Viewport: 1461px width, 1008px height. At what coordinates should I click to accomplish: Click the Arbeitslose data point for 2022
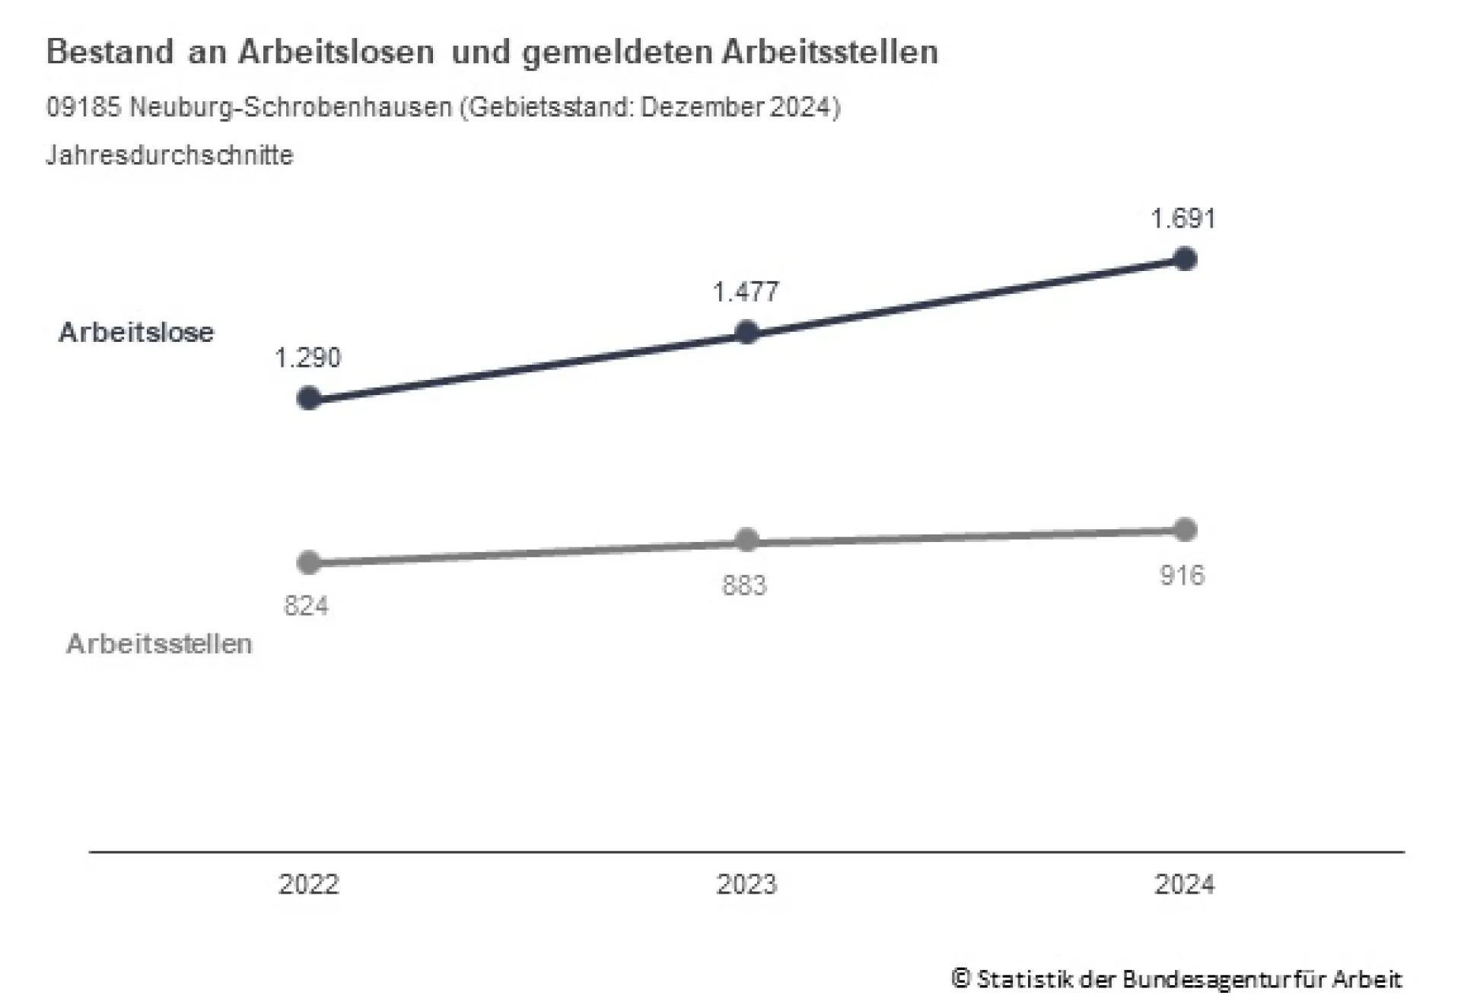309,398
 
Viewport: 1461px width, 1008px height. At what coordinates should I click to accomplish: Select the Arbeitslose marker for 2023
747,332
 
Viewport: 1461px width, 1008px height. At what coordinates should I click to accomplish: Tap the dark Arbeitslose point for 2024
1185,259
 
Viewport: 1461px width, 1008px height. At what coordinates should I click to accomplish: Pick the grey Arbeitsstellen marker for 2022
309,563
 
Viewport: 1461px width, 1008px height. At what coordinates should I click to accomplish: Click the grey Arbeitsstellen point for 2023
747,540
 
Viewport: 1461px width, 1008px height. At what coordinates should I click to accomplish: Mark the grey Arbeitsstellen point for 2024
1185,530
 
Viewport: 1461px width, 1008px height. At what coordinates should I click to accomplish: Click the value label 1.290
307,358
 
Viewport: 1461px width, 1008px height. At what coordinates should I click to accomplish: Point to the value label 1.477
746,292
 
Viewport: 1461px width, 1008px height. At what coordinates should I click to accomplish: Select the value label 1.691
1183,219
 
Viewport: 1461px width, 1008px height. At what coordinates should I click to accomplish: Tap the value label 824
307,606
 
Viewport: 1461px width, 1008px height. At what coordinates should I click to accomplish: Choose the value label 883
744,585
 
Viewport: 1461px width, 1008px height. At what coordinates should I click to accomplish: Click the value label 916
1182,576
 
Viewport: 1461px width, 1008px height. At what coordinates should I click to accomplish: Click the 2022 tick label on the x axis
308,885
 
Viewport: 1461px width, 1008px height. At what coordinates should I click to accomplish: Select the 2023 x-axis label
746,885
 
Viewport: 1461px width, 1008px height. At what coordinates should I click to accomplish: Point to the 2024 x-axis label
1184,885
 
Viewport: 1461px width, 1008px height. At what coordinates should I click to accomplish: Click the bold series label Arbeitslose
137,333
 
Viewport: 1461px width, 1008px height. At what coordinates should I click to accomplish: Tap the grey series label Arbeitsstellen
159,644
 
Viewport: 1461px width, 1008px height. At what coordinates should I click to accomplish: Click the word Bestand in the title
110,53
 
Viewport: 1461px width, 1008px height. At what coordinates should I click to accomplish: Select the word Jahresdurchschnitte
170,155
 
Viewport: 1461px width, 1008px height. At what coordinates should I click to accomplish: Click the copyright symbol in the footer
960,978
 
